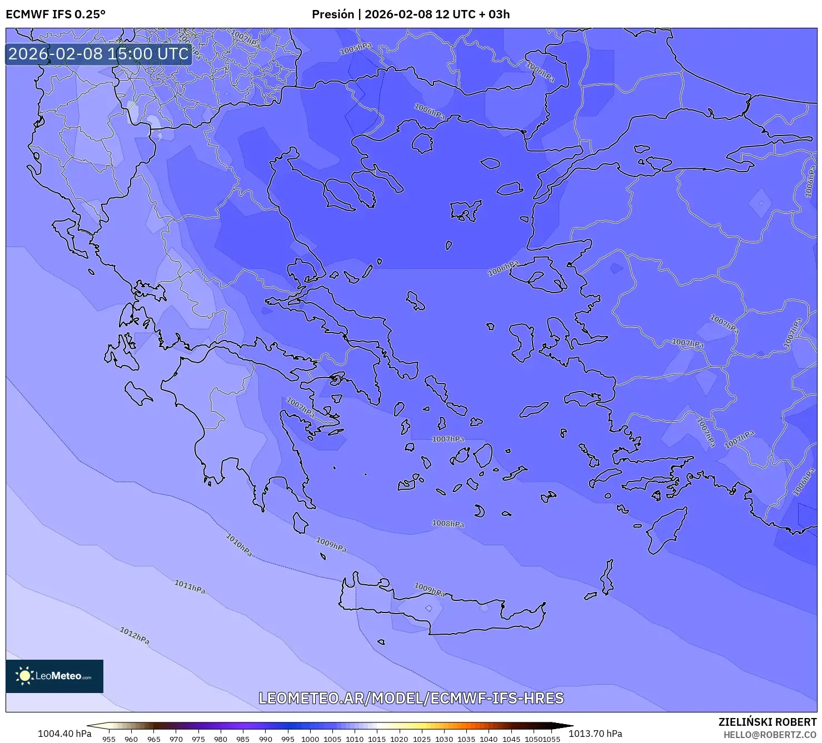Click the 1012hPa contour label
click(x=134, y=635)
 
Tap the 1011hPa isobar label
click(x=190, y=586)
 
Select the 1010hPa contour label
click(x=239, y=545)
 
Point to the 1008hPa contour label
click(x=448, y=524)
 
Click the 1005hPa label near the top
click(x=356, y=49)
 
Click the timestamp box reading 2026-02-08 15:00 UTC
click(x=98, y=54)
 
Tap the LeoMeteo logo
click(x=54, y=676)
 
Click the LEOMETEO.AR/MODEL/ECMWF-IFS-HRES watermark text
click(x=411, y=698)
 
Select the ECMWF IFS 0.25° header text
click(x=56, y=14)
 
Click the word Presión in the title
click(x=332, y=14)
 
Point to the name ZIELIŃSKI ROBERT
click(x=768, y=722)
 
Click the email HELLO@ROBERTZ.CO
click(x=770, y=735)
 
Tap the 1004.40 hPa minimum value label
click(x=64, y=734)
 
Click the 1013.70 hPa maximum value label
click(x=595, y=734)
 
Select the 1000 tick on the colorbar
click(x=310, y=739)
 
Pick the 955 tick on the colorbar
click(x=109, y=739)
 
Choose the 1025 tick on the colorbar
click(x=422, y=739)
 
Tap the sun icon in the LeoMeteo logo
click(x=24, y=676)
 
